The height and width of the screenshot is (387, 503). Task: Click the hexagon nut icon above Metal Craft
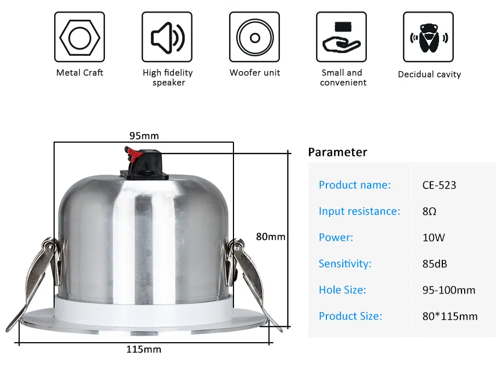80,38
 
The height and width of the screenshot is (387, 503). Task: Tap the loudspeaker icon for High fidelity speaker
167,38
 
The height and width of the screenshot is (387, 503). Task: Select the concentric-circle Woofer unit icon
255,38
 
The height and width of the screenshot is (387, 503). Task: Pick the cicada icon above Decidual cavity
429,38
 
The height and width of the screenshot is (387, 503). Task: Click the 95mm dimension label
144,136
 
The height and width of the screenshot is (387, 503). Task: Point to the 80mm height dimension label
271,237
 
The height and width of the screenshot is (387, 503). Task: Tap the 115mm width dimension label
144,349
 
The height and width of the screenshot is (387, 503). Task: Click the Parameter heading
337,152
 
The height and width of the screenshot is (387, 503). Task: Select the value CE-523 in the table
439,185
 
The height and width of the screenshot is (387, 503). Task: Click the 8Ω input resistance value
429,212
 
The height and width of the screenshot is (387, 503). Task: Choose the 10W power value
434,238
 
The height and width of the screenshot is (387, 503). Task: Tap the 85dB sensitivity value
435,264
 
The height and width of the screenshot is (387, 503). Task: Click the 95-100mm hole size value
449,290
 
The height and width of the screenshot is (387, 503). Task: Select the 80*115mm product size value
450,316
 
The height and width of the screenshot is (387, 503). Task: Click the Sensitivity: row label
345,263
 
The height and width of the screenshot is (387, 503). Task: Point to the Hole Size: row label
342,290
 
